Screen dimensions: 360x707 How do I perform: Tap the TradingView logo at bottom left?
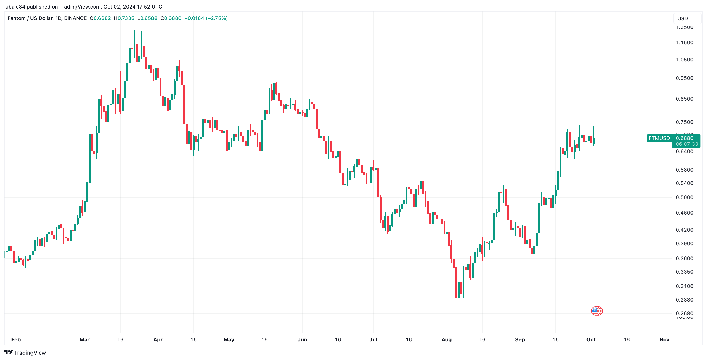click(x=25, y=353)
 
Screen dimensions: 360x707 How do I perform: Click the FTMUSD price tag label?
click(x=659, y=138)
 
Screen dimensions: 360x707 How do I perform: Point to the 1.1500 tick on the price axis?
click(x=684, y=42)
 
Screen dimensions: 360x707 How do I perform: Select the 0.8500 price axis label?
click(x=684, y=99)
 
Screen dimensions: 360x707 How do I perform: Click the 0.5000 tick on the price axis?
click(x=684, y=197)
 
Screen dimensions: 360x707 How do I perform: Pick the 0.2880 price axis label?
click(x=684, y=300)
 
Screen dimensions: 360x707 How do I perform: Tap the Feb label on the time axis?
click(x=16, y=339)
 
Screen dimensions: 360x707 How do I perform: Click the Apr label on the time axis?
click(x=158, y=339)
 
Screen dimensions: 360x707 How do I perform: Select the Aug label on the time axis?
click(x=446, y=339)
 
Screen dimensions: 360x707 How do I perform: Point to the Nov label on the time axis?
click(x=664, y=339)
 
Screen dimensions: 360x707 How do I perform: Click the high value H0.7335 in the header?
click(x=124, y=18)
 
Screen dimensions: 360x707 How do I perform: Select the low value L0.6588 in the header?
click(x=147, y=18)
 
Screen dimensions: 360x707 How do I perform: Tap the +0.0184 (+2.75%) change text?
click(x=206, y=18)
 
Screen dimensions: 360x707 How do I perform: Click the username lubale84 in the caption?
click(x=15, y=7)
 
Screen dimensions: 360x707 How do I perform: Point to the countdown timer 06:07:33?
click(x=687, y=144)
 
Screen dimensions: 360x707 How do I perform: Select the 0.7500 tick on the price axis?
click(x=684, y=122)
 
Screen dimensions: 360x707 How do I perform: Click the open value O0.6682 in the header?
click(x=100, y=18)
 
